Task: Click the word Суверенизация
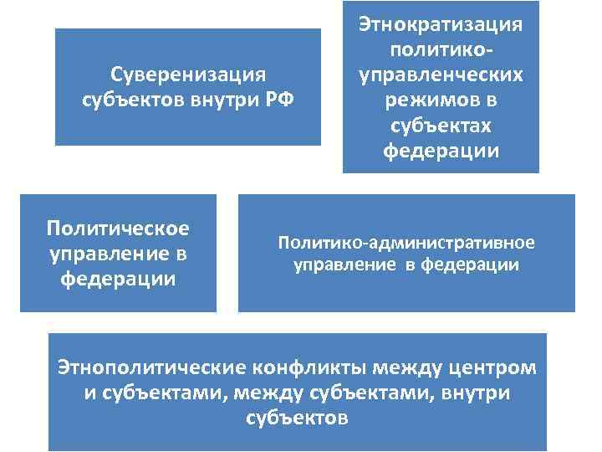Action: click(x=188, y=74)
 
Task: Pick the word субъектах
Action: click(x=441, y=126)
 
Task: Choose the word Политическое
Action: click(x=118, y=228)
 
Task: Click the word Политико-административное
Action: click(x=406, y=243)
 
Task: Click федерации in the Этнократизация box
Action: click(x=441, y=152)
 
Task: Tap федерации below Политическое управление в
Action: click(x=118, y=279)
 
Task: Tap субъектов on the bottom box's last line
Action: click(x=298, y=417)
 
